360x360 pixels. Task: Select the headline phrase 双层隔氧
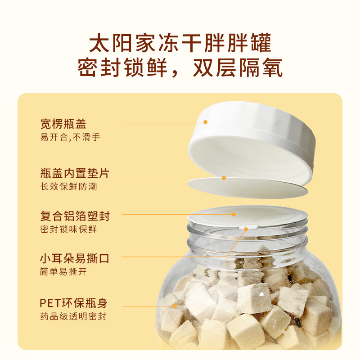tap(237, 69)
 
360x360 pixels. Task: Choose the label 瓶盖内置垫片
tap(75, 173)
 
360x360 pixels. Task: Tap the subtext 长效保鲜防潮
tap(68, 186)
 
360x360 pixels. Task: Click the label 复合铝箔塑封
tap(75, 216)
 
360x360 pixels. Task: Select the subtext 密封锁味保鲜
tap(68, 229)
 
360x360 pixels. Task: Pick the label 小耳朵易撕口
tap(75, 259)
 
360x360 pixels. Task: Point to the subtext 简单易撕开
tap(63, 272)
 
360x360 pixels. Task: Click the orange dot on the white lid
tap(205, 122)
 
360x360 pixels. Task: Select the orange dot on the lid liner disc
tap(224, 178)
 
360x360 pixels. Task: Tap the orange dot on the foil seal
tap(234, 214)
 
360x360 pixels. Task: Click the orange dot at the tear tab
tap(246, 229)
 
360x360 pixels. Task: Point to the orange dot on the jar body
tap(175, 306)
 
